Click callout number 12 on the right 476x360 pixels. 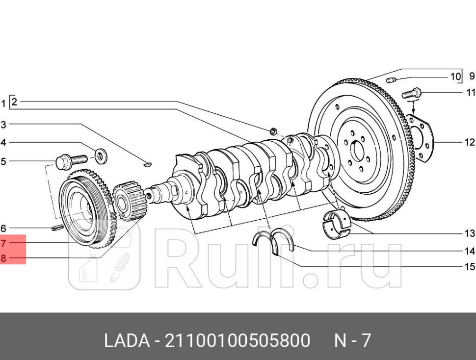[x=470, y=143]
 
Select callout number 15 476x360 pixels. [x=470, y=267]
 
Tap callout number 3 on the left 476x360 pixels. [x=3, y=124]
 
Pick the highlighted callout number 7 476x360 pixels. [x=3, y=243]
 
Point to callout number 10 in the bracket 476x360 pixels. [x=455, y=77]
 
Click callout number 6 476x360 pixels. [x=3, y=228]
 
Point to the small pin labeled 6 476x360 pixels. [x=57, y=227]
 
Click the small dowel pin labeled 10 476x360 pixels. [x=391, y=79]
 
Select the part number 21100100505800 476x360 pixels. [x=237, y=340]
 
